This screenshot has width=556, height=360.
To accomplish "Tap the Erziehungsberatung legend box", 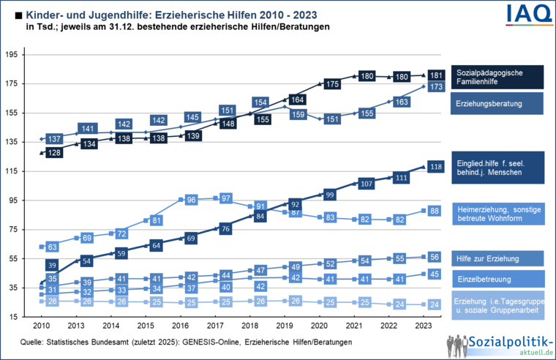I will (x=497, y=104).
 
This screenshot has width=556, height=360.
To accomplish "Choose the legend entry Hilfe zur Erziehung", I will (x=497, y=258).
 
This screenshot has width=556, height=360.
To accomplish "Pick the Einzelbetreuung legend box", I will (x=497, y=278).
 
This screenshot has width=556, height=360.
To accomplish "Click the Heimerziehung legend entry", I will (x=497, y=214).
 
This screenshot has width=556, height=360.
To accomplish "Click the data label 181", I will (x=435, y=75).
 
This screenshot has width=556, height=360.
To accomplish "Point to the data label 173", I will (x=435, y=87).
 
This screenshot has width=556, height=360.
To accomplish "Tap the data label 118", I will (x=435, y=167).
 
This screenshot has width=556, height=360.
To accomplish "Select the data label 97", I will (x=226, y=198).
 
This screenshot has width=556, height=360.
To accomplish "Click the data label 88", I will (x=435, y=211).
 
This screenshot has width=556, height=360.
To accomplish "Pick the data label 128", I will (x=53, y=153).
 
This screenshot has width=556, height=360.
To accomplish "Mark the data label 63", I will (x=53, y=247).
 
